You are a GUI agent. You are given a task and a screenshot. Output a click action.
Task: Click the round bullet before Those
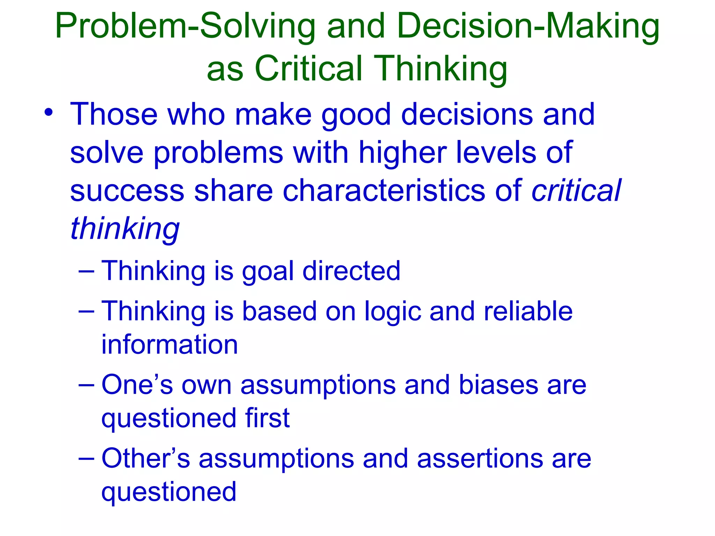tap(49, 113)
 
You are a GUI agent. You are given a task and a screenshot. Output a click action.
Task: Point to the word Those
tap(114, 114)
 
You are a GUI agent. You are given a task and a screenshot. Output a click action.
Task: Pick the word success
tap(127, 191)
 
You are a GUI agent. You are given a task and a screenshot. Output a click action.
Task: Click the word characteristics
tap(384, 191)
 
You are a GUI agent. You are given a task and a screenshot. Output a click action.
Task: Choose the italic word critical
tap(576, 191)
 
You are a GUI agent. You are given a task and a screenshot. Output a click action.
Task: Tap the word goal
tap(268, 272)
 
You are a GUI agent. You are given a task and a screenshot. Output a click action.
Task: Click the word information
tap(170, 345)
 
